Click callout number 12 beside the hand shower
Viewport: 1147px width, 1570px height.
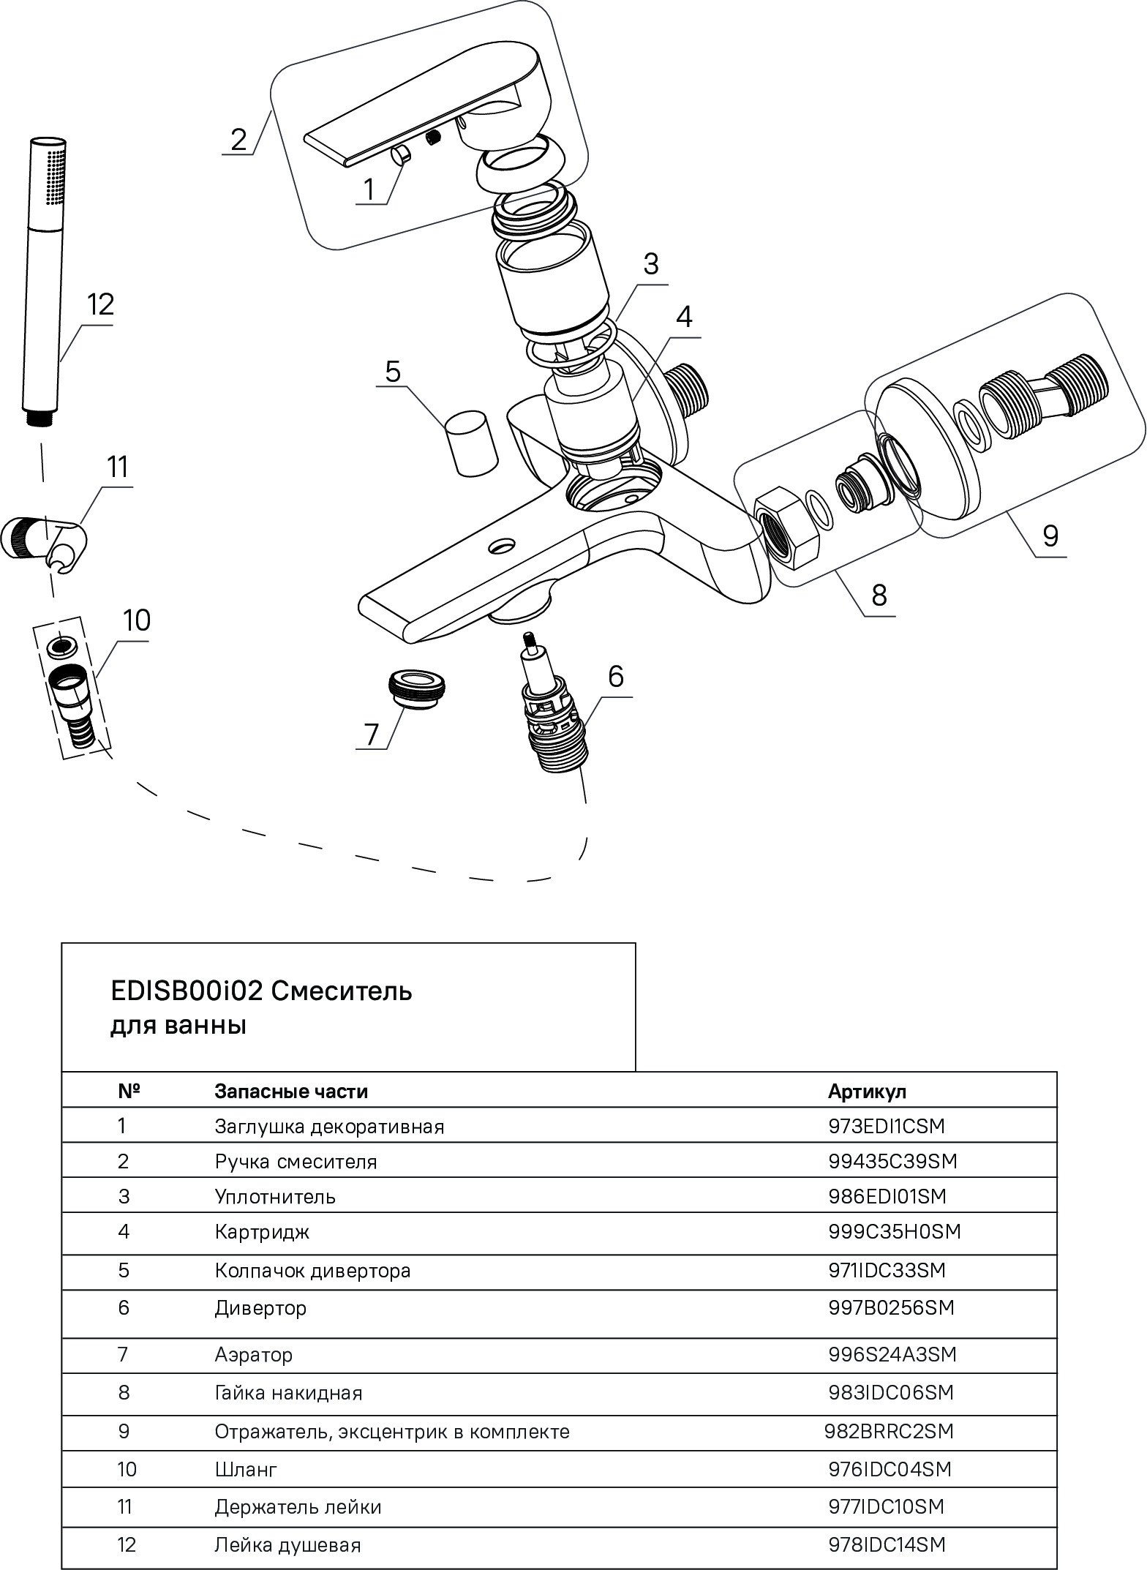click(100, 304)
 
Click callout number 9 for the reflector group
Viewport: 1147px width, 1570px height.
click(1050, 536)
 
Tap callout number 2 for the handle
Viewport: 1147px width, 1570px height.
click(238, 139)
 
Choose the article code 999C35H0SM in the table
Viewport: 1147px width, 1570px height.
click(894, 1232)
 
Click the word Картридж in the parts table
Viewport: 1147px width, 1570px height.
click(262, 1232)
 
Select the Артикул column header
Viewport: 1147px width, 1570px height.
click(867, 1092)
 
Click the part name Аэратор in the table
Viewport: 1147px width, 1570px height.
click(253, 1355)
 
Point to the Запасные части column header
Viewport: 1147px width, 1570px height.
click(290, 1092)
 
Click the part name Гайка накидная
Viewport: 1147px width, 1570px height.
click(288, 1393)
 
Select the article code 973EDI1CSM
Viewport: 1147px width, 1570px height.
click(886, 1127)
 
